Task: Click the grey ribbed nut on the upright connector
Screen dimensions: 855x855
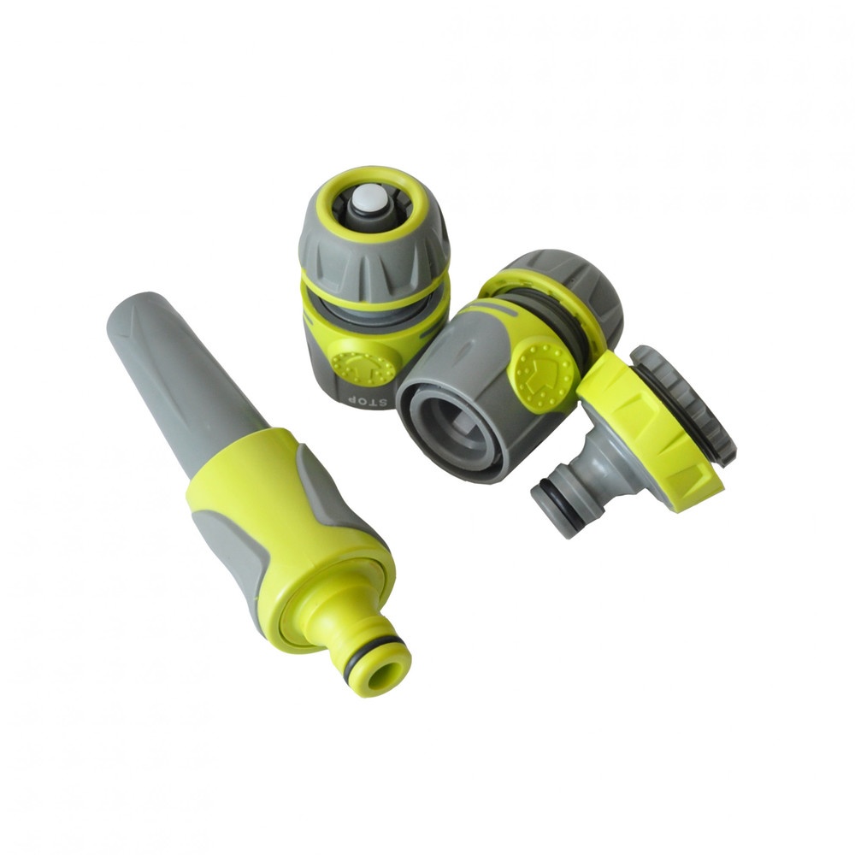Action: [x=375, y=251]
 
